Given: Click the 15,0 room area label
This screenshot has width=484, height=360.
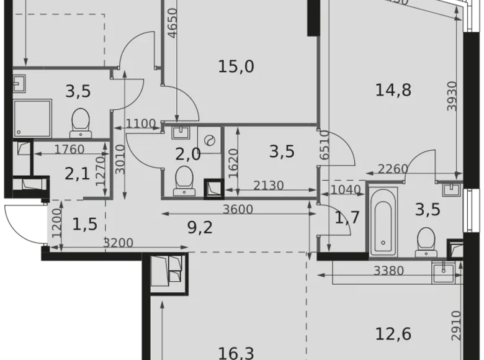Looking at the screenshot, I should point(236,66).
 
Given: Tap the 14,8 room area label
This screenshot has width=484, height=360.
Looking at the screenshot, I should point(393,90).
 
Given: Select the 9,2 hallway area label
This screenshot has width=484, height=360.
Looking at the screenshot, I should point(199,228).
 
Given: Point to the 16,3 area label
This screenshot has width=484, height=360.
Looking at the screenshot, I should point(236,353).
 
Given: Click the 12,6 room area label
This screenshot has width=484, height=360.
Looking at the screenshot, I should point(393,335).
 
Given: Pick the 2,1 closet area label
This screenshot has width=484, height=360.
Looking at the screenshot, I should point(78,173).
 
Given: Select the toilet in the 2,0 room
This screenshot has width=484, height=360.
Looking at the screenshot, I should point(185,178).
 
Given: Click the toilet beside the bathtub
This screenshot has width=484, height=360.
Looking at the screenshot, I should point(426,241).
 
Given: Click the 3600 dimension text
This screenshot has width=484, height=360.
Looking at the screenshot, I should point(238,210).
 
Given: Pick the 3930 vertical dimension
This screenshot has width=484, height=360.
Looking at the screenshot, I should point(452,96).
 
